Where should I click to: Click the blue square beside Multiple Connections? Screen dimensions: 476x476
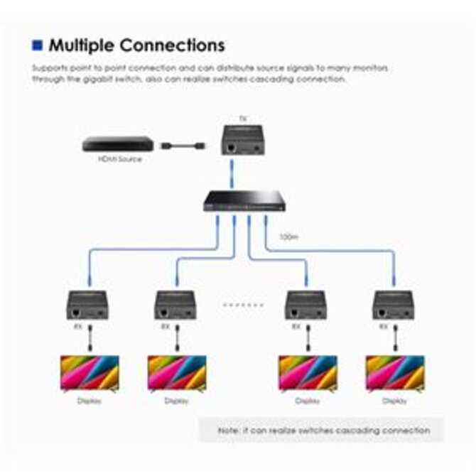click(x=38, y=45)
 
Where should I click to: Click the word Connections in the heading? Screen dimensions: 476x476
click(x=173, y=45)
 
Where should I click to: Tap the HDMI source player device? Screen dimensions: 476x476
click(x=118, y=144)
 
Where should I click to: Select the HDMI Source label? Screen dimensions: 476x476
click(x=119, y=159)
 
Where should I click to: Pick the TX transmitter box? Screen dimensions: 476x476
click(x=244, y=141)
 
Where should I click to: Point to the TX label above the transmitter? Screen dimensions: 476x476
click(x=243, y=119)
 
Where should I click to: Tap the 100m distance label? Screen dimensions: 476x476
click(x=288, y=236)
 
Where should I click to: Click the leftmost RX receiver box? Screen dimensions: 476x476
click(x=87, y=304)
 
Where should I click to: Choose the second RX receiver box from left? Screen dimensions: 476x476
click(x=175, y=304)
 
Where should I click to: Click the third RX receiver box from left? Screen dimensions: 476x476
click(x=306, y=304)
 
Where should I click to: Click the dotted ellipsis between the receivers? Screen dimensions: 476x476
click(x=241, y=304)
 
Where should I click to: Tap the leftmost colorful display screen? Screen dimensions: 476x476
click(x=89, y=373)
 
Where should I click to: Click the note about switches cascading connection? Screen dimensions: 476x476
click(x=324, y=430)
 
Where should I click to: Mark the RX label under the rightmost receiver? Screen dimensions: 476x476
click(x=384, y=327)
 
